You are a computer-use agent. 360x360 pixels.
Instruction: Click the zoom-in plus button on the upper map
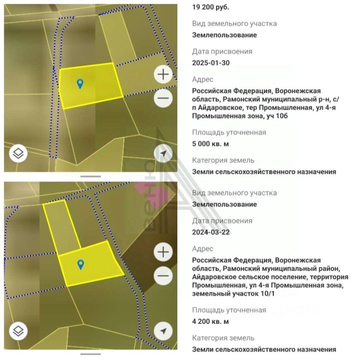[163, 74]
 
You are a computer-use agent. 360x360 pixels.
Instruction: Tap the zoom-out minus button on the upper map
[163, 98]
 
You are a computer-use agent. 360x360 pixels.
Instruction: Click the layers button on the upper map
[18, 153]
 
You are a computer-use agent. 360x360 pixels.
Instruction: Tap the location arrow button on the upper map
[163, 153]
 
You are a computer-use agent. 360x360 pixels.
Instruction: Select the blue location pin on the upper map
[80, 84]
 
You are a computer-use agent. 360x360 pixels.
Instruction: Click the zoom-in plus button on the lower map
[163, 252]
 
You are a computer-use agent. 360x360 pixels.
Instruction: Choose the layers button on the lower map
[18, 331]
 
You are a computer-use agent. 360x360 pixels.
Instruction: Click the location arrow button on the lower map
[163, 331]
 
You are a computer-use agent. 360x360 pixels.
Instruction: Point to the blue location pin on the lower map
[81, 265]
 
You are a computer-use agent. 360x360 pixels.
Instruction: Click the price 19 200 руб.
[210, 7]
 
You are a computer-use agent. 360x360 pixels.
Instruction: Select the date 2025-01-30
[211, 63]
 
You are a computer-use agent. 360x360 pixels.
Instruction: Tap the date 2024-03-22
[211, 232]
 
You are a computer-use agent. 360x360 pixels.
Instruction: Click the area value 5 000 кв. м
[210, 144]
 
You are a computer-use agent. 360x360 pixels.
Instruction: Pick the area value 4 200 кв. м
[210, 321]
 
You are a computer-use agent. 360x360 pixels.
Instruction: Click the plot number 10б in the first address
[282, 116]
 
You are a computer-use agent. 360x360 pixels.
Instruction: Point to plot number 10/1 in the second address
[268, 293]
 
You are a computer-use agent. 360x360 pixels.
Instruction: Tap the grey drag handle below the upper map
[90, 176]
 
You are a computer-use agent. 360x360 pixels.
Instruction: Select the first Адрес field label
[202, 79]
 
